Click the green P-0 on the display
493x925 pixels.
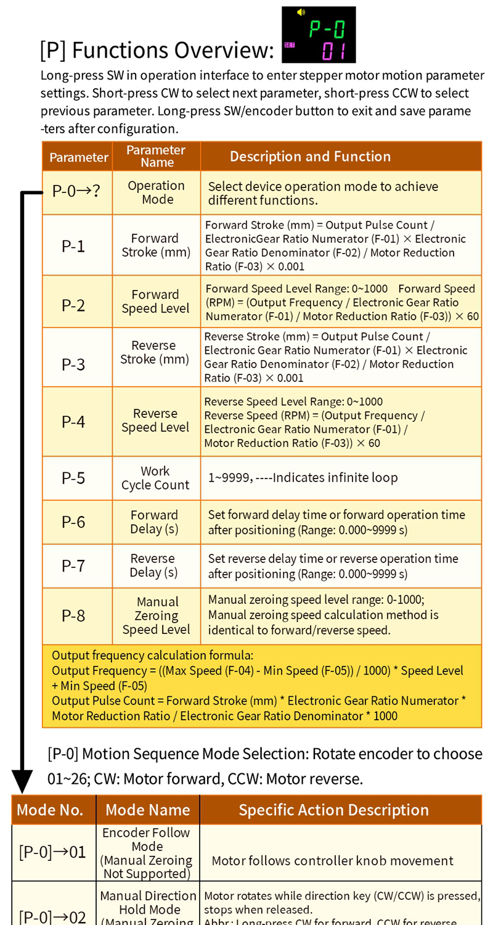point(327,28)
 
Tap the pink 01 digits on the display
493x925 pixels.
point(333,51)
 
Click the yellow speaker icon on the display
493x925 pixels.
point(301,12)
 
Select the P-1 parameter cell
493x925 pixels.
point(73,246)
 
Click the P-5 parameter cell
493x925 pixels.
point(73,478)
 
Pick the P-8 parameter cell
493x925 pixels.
point(73,615)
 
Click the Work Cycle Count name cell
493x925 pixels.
point(155,478)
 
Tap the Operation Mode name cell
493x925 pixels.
point(156,192)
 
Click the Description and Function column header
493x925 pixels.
point(310,157)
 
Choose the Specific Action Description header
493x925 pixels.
point(333,810)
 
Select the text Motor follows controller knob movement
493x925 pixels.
point(332,861)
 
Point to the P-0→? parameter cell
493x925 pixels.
point(76,191)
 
